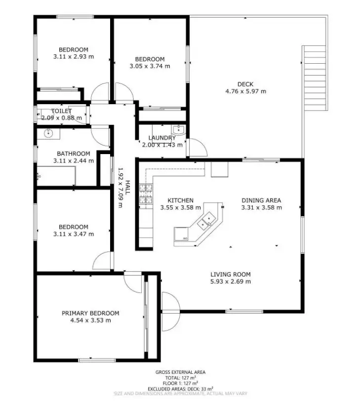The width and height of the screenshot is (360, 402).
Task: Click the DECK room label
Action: point(245,84)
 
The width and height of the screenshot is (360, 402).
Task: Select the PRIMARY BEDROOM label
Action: point(90,313)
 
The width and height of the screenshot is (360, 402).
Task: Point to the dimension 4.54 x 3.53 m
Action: point(90,320)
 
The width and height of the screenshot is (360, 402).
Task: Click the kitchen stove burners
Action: point(146,194)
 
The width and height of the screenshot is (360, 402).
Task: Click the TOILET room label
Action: point(61,111)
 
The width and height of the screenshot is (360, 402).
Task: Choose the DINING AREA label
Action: point(261,200)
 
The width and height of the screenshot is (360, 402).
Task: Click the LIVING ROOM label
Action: point(231,275)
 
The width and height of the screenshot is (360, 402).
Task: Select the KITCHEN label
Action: point(180,201)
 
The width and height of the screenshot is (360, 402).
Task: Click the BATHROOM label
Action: point(73,154)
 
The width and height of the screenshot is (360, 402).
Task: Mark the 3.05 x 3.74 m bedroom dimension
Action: point(150,66)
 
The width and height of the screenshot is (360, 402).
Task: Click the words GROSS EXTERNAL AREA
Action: point(180,372)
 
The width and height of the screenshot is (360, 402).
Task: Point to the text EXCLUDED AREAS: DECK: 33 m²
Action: point(180,388)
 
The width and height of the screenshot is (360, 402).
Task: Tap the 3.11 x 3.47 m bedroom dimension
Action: point(74,234)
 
